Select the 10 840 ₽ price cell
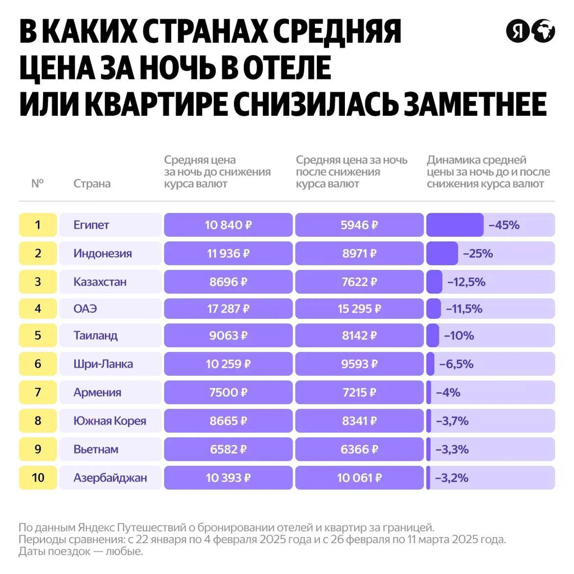tap(228, 225)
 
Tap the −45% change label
tap(504, 225)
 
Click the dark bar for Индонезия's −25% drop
tap(442, 254)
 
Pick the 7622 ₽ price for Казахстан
tap(359, 282)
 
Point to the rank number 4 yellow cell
tap(38, 309)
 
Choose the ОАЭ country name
tap(85, 309)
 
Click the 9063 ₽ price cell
tap(228, 336)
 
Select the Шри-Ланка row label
tap(103, 364)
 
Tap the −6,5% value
tap(456, 364)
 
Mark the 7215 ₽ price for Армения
tap(359, 392)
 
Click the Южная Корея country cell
tap(109, 421)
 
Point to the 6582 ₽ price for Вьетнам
tap(228, 449)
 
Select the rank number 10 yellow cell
tap(38, 478)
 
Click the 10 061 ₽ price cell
tap(359, 478)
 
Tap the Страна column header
tap(92, 183)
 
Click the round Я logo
tap(518, 31)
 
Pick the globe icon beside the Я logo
tap(543, 31)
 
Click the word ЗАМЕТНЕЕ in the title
tap(475, 104)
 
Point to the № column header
tap(37, 183)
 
